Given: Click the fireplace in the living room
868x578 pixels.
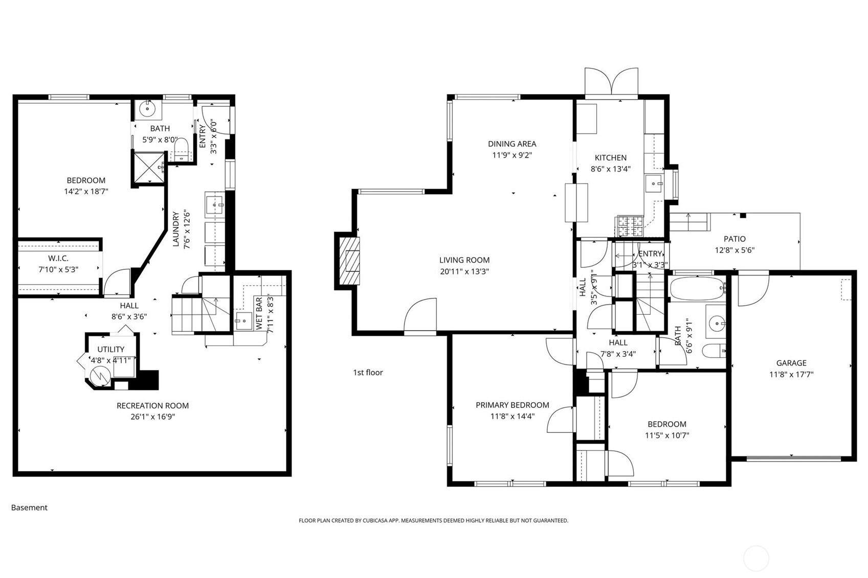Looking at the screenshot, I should (x=348, y=261).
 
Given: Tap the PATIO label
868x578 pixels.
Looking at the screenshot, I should (x=735, y=239).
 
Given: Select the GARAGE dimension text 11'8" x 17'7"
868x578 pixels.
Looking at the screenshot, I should (x=791, y=374).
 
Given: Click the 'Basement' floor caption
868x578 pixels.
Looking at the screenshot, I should (x=29, y=507).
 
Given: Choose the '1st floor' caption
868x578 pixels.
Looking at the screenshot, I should (x=368, y=373).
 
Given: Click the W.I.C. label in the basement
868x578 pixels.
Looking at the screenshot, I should (x=58, y=259).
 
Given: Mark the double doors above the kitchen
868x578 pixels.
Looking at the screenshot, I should (x=612, y=83).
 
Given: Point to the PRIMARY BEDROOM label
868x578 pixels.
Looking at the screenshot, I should (x=513, y=405).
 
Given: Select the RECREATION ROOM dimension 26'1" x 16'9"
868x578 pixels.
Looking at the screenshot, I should (x=152, y=417).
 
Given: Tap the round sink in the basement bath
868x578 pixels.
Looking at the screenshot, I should (x=147, y=109).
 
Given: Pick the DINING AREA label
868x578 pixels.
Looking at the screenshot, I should (x=512, y=144).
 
